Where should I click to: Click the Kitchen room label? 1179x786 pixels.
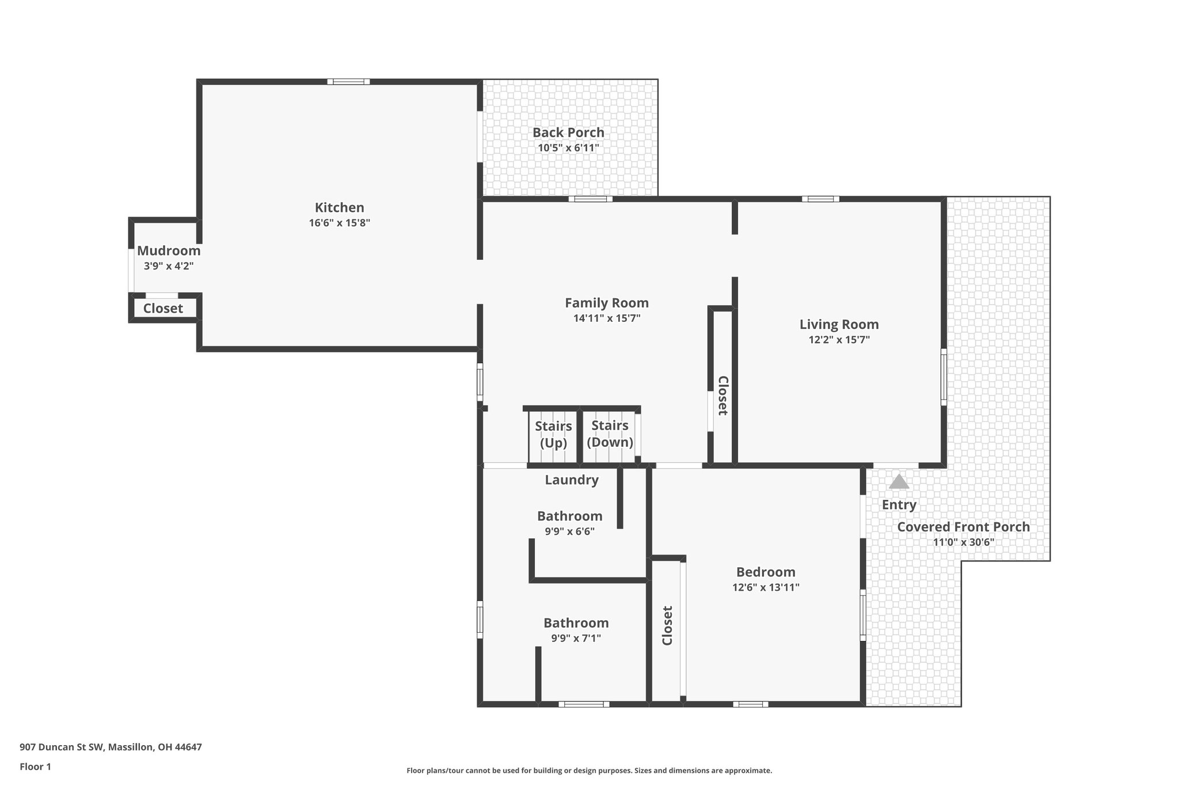click(x=339, y=207)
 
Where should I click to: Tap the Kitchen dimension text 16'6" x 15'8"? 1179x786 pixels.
click(x=339, y=223)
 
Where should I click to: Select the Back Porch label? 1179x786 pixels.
click(x=568, y=132)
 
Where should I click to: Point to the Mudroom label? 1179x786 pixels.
click(x=169, y=250)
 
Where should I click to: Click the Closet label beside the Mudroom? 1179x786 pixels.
click(x=163, y=308)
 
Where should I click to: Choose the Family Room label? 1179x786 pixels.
click(x=606, y=302)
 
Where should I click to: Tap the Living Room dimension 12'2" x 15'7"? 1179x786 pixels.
click(x=839, y=340)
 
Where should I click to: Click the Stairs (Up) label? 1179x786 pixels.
click(x=553, y=434)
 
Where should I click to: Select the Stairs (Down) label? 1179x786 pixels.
click(x=610, y=434)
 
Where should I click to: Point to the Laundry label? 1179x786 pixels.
click(x=572, y=480)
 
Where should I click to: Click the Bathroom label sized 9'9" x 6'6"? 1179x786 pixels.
click(x=569, y=516)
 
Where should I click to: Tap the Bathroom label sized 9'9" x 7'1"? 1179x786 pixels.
click(x=576, y=622)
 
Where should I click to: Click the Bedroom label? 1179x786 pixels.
click(x=766, y=572)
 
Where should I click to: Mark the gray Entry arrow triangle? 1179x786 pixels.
click(x=899, y=482)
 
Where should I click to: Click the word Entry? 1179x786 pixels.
click(x=899, y=504)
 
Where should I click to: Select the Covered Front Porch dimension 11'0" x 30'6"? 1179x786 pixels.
click(x=963, y=542)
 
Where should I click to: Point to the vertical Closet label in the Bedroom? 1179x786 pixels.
click(x=667, y=625)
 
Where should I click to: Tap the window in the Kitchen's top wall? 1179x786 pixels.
click(x=348, y=82)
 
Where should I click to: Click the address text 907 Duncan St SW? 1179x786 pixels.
click(x=62, y=747)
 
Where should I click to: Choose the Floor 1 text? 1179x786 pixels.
click(x=35, y=766)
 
